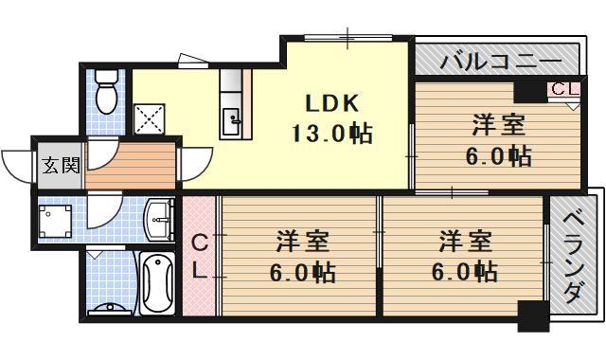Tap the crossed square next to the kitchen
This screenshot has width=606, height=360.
(x=151, y=119)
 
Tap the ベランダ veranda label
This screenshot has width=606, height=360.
(x=573, y=257)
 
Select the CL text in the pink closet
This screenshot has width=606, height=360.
(x=200, y=256)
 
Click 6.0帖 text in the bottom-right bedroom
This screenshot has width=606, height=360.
(x=463, y=272)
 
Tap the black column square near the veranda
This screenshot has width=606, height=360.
(x=533, y=315)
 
